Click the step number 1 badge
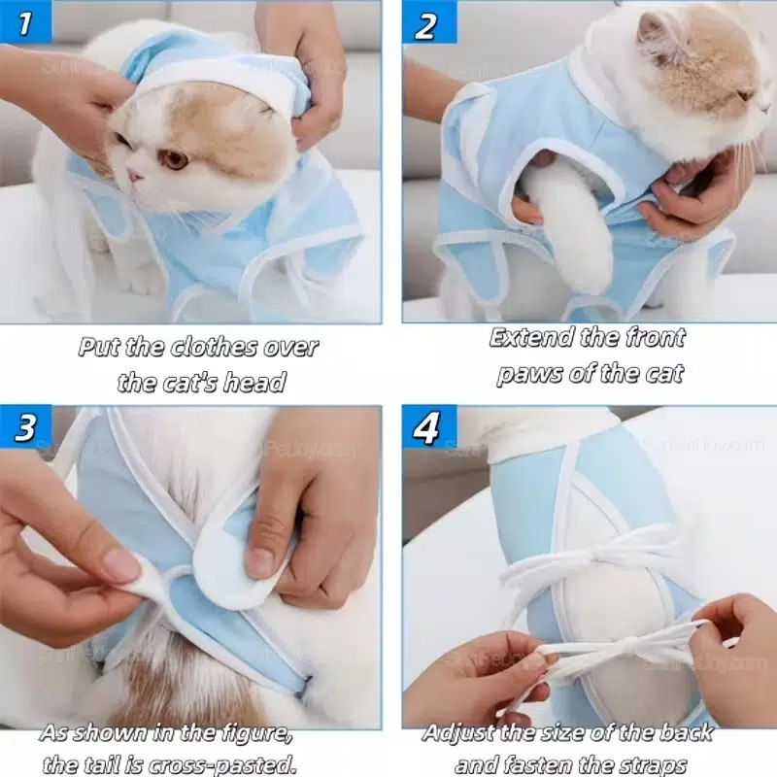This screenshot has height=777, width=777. [x=25, y=21]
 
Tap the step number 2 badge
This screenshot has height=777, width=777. [x=428, y=22]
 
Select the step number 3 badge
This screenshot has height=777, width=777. [x=25, y=427]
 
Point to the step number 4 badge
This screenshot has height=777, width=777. [x=428, y=427]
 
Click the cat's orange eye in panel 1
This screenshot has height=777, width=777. [x=175, y=159]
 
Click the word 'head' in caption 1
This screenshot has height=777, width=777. [x=253, y=383]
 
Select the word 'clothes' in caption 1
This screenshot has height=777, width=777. [x=214, y=347]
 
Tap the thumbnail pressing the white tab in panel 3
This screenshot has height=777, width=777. [x=261, y=559]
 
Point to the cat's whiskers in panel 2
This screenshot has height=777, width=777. [x=754, y=149]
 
